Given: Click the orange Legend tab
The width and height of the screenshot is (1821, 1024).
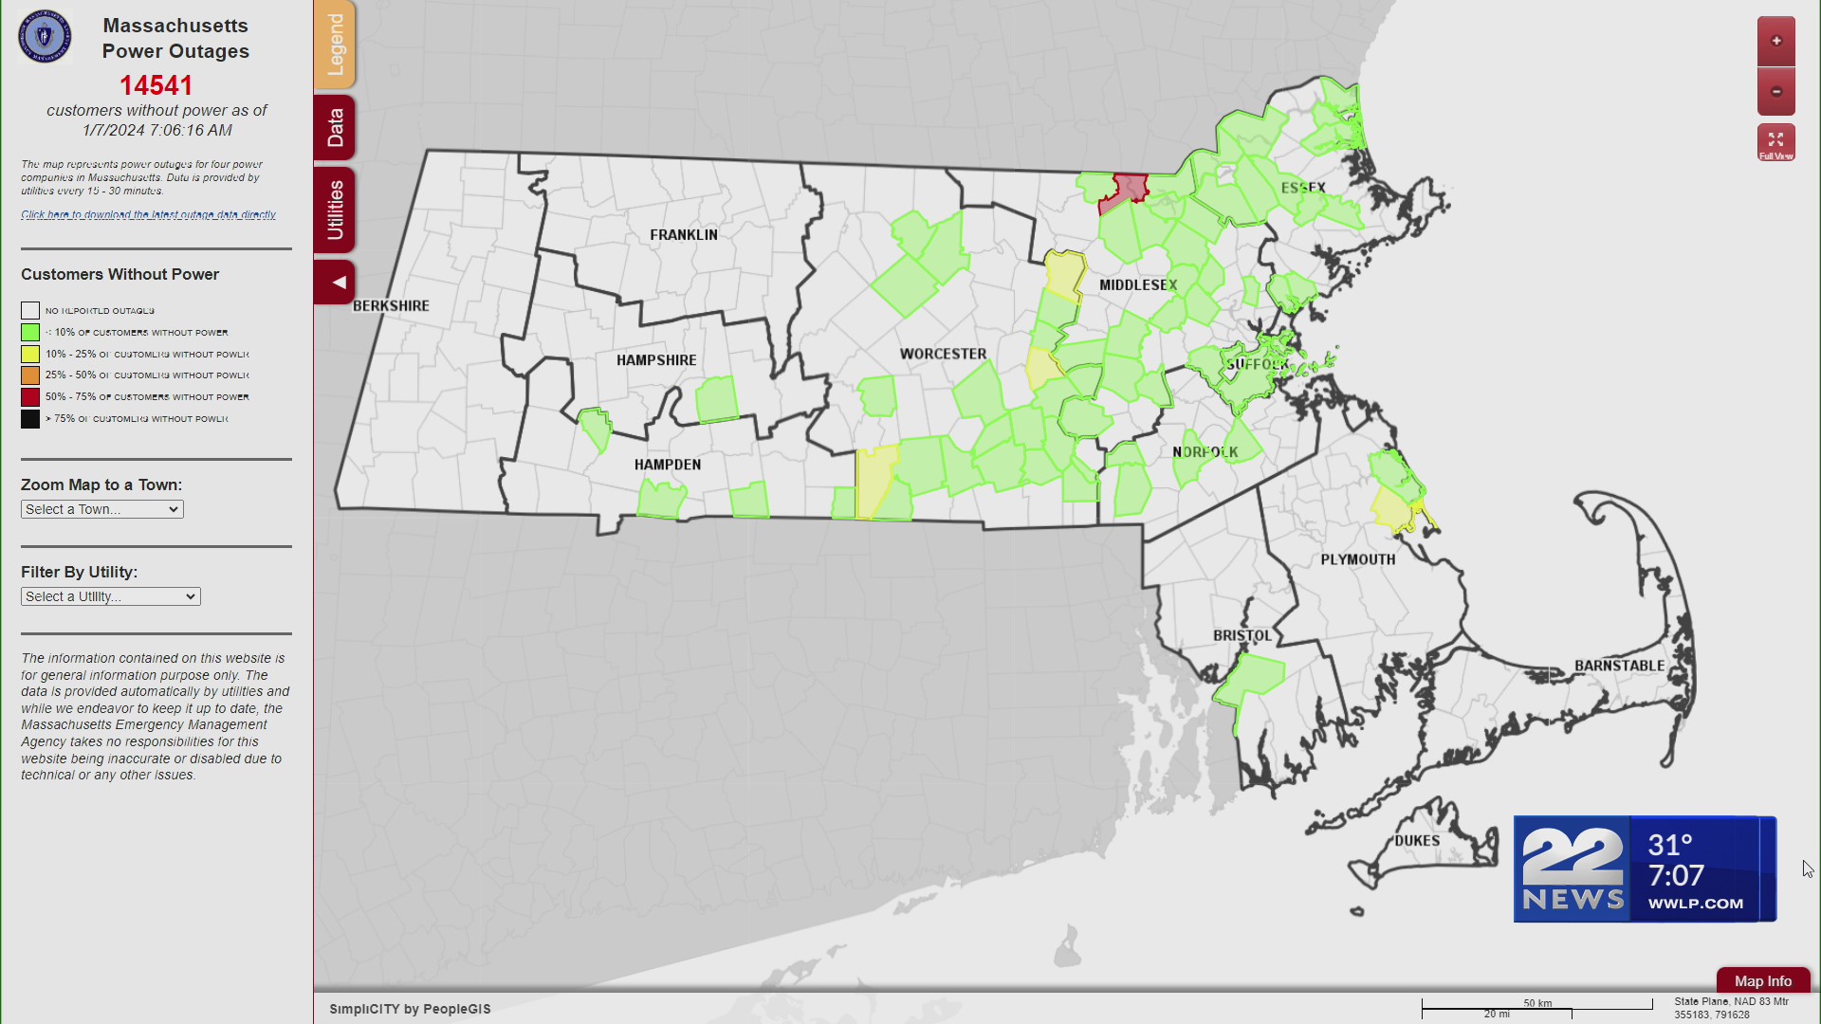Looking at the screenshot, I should pyautogui.click(x=335, y=45).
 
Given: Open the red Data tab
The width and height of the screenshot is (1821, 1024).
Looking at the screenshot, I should pyautogui.click(x=335, y=127).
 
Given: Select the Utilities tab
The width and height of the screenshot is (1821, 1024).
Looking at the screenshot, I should pyautogui.click(x=335, y=210).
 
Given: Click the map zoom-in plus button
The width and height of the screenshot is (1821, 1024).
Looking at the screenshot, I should pyautogui.click(x=1775, y=41).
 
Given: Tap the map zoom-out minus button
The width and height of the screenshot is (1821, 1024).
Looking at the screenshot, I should pyautogui.click(x=1775, y=92).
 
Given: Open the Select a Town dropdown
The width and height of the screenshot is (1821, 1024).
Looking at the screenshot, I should pyautogui.click(x=102, y=509).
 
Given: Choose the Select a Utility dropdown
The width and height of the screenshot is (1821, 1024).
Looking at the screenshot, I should pyautogui.click(x=111, y=596).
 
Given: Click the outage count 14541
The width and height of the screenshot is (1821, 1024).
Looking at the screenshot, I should pyautogui.click(x=156, y=85).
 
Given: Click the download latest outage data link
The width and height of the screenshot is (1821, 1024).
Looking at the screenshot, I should pyautogui.click(x=149, y=215).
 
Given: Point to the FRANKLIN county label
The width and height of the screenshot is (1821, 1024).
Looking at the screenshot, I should pyautogui.click(x=684, y=235).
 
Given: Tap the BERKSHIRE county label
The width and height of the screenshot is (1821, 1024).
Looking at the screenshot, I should pyautogui.click(x=392, y=306).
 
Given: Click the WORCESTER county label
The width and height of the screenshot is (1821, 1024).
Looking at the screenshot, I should pyautogui.click(x=943, y=355).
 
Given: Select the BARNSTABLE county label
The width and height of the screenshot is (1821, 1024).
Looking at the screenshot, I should pyautogui.click(x=1619, y=666).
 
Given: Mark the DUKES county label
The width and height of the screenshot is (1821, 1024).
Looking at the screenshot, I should pyautogui.click(x=1417, y=841).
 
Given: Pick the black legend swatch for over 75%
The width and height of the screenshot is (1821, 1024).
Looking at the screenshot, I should pyautogui.click(x=30, y=419).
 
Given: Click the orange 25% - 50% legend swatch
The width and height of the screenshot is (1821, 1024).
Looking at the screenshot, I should pyautogui.click(x=30, y=375).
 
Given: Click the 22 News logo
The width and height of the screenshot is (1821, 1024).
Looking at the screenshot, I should pyautogui.click(x=1573, y=869).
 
